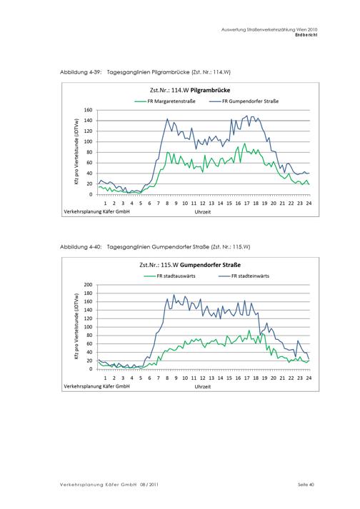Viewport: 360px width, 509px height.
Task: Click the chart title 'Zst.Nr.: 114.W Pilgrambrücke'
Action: [x=190, y=90]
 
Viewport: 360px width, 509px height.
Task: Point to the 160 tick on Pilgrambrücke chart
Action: [x=89, y=110]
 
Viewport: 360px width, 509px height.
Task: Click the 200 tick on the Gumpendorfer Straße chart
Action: [x=89, y=285]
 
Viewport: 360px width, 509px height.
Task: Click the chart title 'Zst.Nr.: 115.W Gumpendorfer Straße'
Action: [x=190, y=265]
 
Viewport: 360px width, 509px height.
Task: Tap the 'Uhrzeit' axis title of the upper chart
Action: [x=203, y=212]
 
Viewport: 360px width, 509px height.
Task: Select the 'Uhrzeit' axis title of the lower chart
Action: [x=203, y=387]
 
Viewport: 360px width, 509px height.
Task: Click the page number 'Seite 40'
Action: [x=306, y=485]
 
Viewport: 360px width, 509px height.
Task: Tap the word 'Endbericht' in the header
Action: [x=306, y=35]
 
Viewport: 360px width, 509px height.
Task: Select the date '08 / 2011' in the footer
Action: [x=149, y=485]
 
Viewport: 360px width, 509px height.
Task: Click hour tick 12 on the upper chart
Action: [x=203, y=203]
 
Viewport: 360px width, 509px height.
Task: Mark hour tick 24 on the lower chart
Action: [x=309, y=378]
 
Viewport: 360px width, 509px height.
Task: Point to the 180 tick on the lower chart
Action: [x=89, y=293]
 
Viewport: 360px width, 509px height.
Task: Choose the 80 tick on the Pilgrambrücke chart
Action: [x=90, y=152]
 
